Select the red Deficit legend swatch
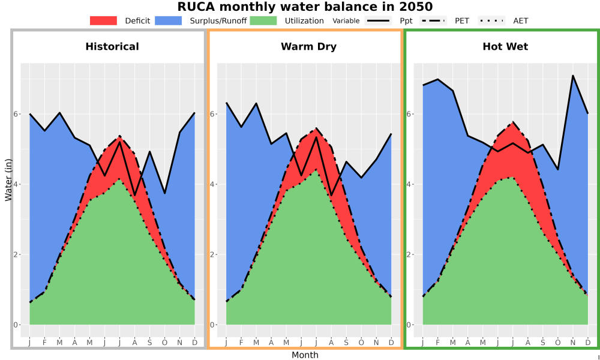pos(103,20)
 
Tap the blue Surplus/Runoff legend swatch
pos(169,20)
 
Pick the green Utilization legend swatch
pos(263,20)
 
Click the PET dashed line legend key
pos(433,20)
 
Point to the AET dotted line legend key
pos(491,20)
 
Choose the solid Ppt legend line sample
pos(378,20)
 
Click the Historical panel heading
pos(112,47)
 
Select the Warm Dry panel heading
pos(309,47)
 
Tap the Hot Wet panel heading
pos(505,47)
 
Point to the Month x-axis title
pos(305,355)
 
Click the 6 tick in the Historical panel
pos(16,114)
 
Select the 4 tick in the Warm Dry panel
pos(212,184)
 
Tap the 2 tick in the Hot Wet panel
pos(409,255)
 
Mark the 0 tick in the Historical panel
pos(16,325)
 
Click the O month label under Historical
pos(164,343)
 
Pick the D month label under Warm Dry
pos(391,343)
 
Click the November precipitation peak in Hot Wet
pos(573,76)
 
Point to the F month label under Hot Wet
pos(438,343)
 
